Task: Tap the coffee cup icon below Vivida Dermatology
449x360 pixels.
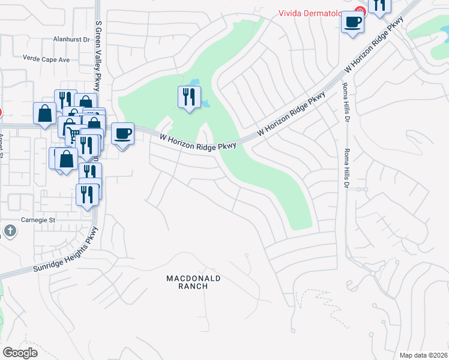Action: (x=352, y=22)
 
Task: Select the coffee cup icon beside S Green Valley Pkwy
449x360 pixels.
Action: (x=122, y=133)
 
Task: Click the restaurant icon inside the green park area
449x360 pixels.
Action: (x=188, y=97)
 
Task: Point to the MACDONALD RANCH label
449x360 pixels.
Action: (x=193, y=283)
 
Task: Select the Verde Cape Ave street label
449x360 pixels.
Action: (x=46, y=59)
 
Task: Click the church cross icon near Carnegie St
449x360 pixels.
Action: (x=10, y=230)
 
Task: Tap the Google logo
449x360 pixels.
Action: (x=20, y=353)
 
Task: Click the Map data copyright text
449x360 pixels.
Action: (x=423, y=355)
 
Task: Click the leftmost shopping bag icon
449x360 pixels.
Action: (x=44, y=113)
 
